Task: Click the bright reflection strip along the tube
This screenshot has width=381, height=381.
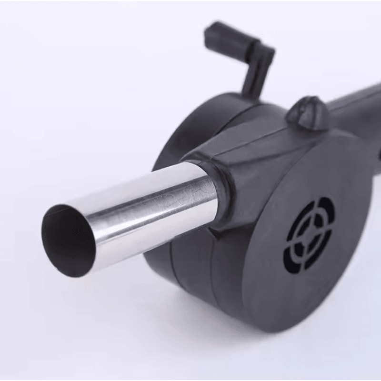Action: click(x=143, y=200)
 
